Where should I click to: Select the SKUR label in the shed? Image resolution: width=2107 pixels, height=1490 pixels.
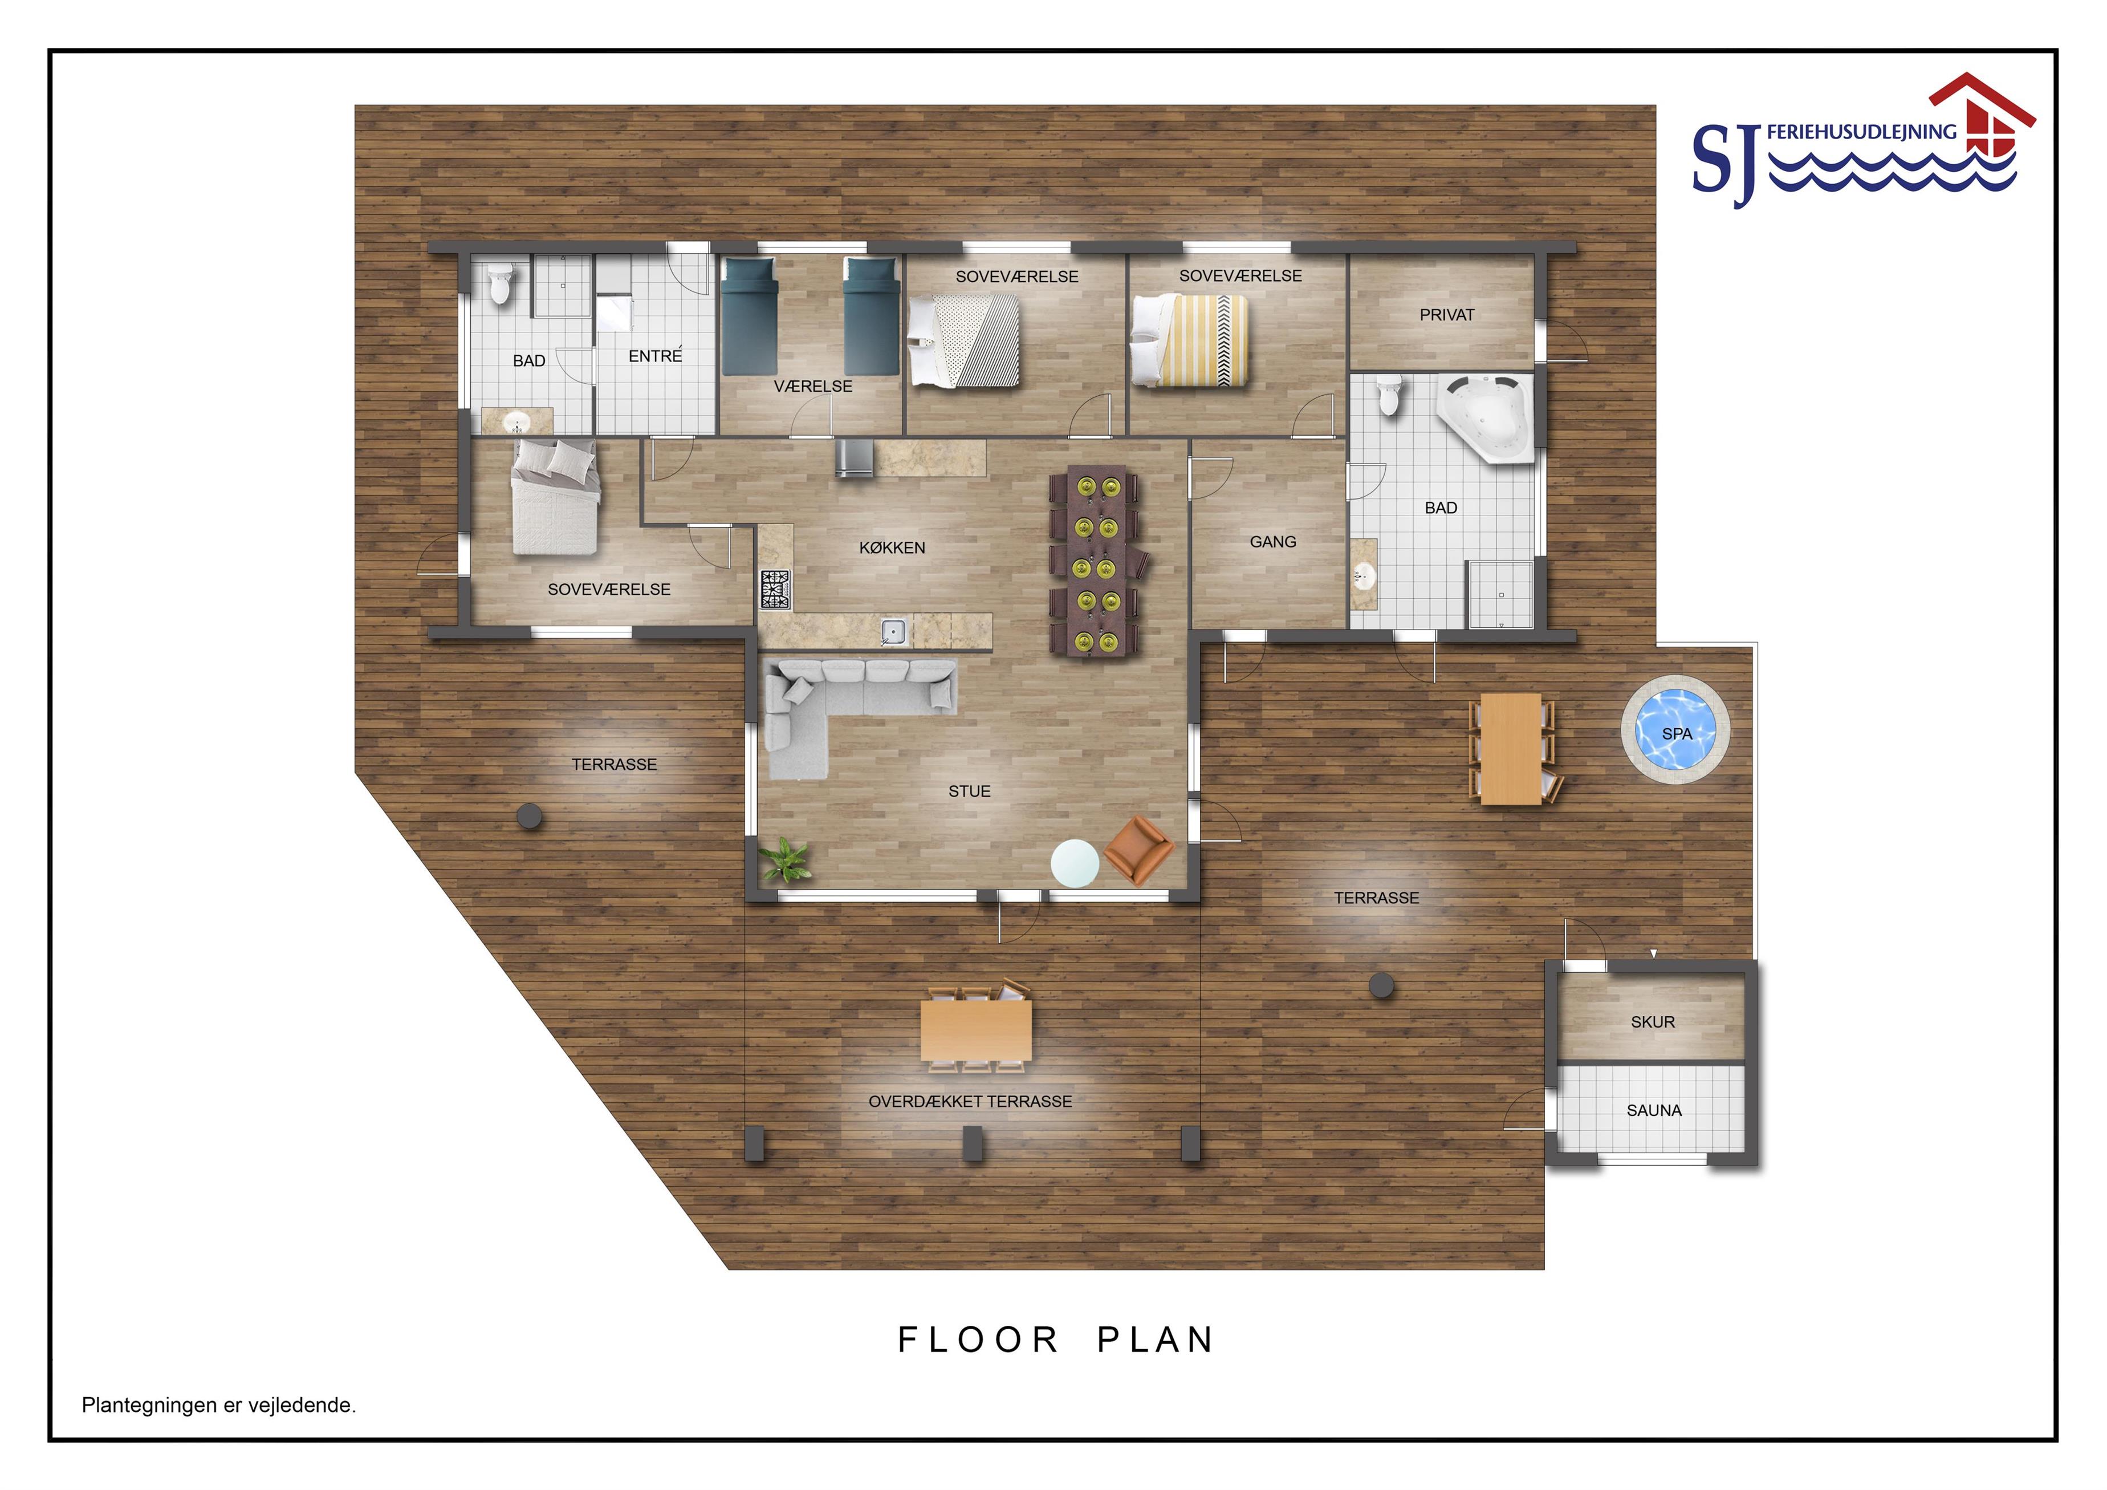pyautogui.click(x=1653, y=1022)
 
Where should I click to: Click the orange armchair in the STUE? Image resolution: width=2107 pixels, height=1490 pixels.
pyautogui.click(x=1138, y=850)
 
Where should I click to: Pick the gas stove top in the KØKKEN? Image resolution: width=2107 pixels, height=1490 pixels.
pyautogui.click(x=775, y=590)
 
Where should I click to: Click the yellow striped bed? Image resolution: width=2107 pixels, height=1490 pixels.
pyautogui.click(x=1189, y=339)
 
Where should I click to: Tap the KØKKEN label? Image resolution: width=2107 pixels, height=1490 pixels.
pyautogui.click(x=892, y=548)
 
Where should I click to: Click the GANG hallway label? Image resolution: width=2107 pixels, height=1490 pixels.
pyautogui.click(x=1273, y=542)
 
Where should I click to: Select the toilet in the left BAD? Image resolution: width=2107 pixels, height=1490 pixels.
pyautogui.click(x=500, y=283)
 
